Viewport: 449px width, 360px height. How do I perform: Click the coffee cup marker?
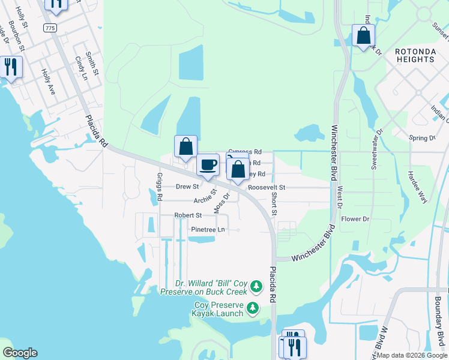point(208,164)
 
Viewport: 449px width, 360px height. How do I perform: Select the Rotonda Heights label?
point(415,56)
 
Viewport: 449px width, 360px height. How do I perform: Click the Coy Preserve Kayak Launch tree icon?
point(253,308)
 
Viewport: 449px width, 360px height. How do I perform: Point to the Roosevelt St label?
point(267,188)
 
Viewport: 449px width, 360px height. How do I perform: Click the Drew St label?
point(183,187)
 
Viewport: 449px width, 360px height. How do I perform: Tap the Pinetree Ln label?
point(208,230)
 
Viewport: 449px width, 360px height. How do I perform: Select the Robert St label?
point(188,215)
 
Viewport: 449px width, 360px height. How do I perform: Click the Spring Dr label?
point(422,138)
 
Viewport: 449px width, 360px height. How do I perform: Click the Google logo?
point(20,353)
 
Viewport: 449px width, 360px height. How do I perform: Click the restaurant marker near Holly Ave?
point(10,66)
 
